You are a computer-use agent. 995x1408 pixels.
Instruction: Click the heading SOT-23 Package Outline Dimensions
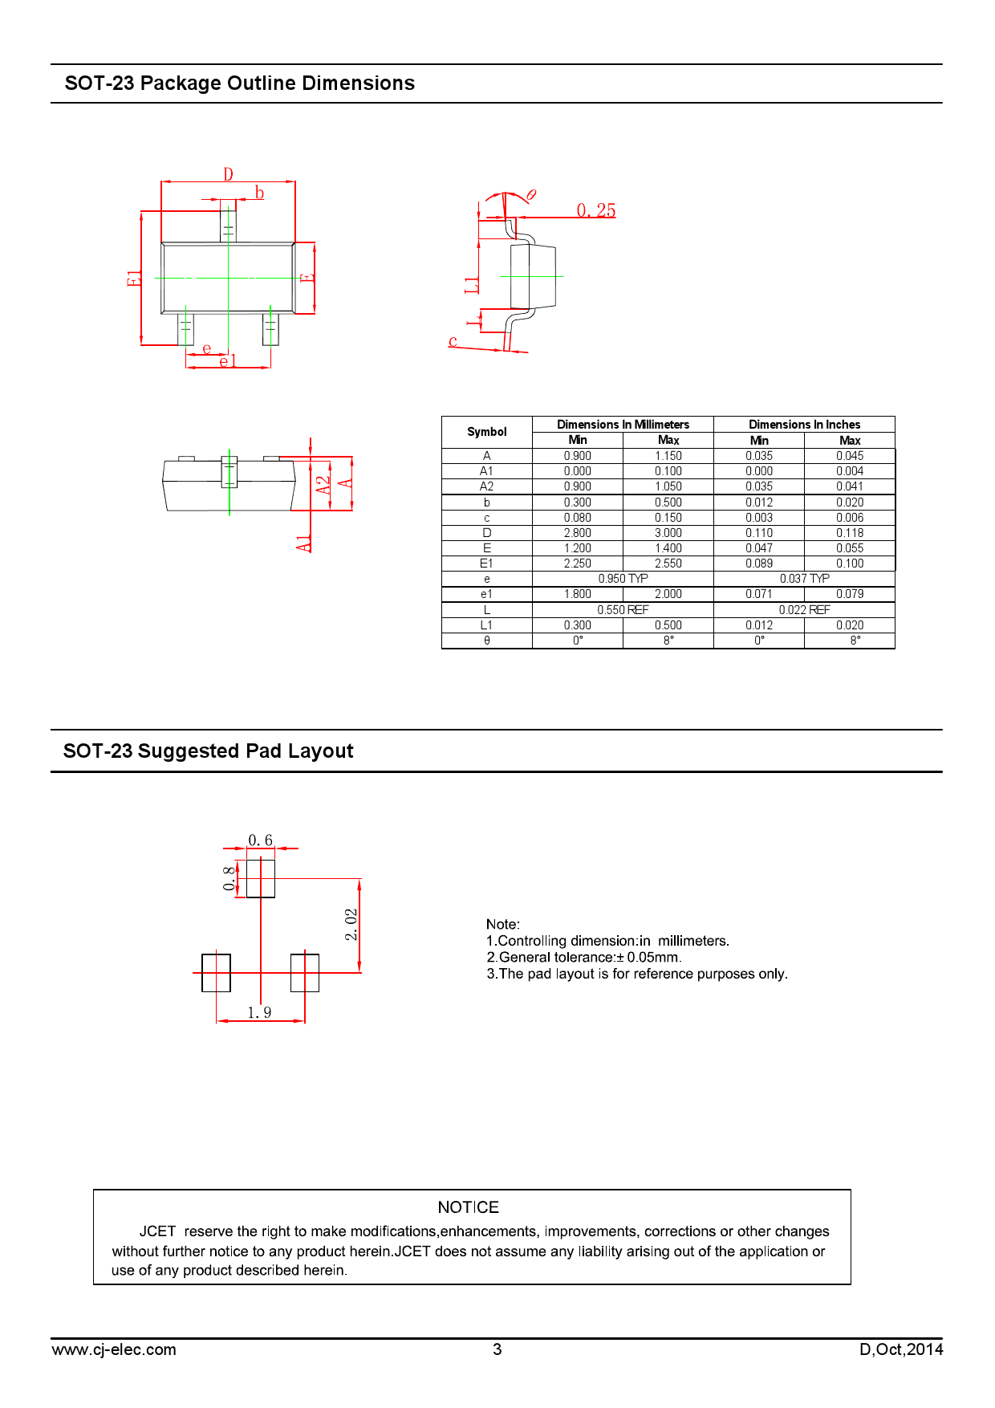pyautogui.click(x=240, y=83)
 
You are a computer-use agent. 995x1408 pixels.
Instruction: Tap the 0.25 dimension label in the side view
pyautogui.click(x=596, y=210)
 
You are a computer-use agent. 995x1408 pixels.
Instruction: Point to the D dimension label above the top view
pyautogui.click(x=229, y=174)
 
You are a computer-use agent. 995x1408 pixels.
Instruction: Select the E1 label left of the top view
pyautogui.click(x=134, y=279)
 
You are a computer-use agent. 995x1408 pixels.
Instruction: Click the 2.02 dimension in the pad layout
pyautogui.click(x=351, y=925)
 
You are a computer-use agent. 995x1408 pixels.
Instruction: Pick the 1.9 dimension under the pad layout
pyautogui.click(x=259, y=1013)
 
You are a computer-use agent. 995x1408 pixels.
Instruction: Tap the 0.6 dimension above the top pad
pyautogui.click(x=260, y=840)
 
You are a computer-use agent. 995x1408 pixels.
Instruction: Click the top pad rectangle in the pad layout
pyautogui.click(x=261, y=878)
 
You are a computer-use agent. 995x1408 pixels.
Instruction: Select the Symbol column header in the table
pyautogui.click(x=487, y=432)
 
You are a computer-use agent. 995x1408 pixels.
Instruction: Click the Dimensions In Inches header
pyautogui.click(x=804, y=425)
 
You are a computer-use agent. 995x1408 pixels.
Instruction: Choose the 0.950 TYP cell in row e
pyautogui.click(x=623, y=579)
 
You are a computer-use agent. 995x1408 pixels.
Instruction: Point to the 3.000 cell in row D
pyautogui.click(x=668, y=533)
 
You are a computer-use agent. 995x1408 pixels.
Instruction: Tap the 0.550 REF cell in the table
pyautogui.click(x=623, y=610)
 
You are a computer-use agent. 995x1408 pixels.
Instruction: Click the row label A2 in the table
pyautogui.click(x=487, y=486)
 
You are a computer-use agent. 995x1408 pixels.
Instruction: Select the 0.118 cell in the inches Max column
pyautogui.click(x=850, y=533)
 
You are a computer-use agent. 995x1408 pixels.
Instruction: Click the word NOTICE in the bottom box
pyautogui.click(x=469, y=1207)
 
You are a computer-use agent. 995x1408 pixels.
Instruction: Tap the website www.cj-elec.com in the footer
pyautogui.click(x=114, y=1350)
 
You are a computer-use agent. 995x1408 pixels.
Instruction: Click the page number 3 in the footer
pyautogui.click(x=497, y=1349)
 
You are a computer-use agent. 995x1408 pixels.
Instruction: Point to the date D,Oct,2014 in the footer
pyautogui.click(x=901, y=1349)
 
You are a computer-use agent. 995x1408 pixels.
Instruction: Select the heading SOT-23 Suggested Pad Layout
pyautogui.click(x=209, y=751)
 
